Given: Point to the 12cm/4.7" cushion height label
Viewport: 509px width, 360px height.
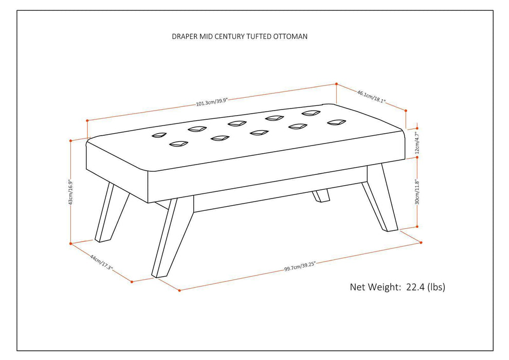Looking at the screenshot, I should pos(418,143).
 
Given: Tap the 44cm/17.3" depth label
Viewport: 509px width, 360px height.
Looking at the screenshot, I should pos(101,262).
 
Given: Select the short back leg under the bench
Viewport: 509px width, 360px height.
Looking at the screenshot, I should pos(322,195).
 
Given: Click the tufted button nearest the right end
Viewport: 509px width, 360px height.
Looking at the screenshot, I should pos(336,122).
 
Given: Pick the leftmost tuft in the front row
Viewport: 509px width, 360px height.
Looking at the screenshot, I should pos(178,145).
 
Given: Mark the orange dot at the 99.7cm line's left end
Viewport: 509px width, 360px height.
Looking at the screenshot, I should pos(179,291).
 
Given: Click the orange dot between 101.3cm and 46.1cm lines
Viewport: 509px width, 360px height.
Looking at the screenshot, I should pos(336,83).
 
